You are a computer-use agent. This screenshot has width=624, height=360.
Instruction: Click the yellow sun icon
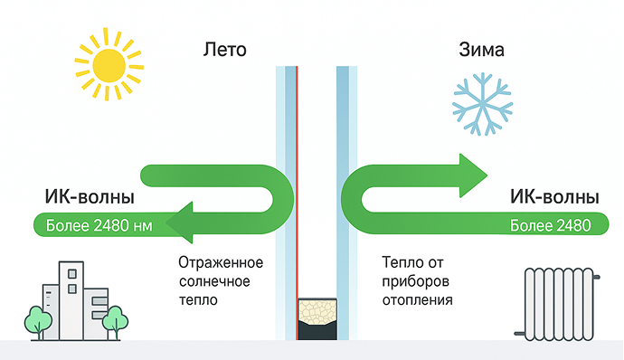coord(109,63)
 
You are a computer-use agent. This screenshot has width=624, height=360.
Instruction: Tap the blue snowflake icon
coord(482,104)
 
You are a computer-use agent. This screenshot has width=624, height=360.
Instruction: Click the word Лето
coord(225,50)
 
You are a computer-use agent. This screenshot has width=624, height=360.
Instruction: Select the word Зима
coord(481,50)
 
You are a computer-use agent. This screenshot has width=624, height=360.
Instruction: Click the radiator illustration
coord(558,304)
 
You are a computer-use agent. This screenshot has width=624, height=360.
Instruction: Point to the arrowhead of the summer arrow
coord(179,223)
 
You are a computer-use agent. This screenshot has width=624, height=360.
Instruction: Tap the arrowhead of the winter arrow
coord(473,175)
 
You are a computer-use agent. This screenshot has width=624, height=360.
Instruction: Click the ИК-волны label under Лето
coord(90,196)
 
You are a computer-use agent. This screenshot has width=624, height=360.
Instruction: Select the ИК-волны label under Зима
coord(554,196)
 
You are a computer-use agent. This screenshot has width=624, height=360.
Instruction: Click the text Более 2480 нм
coord(99,226)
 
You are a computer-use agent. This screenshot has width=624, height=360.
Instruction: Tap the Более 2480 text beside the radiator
coord(551,226)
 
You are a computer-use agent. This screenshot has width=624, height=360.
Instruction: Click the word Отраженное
coord(221,263)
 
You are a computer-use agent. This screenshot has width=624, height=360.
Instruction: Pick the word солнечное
coord(214,281)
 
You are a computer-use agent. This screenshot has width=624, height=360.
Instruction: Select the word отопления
coord(418,300)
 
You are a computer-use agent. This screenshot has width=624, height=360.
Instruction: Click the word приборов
coord(415,282)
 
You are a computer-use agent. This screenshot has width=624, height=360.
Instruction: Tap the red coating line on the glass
coord(297,204)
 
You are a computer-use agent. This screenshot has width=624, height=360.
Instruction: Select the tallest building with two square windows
coord(71,300)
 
